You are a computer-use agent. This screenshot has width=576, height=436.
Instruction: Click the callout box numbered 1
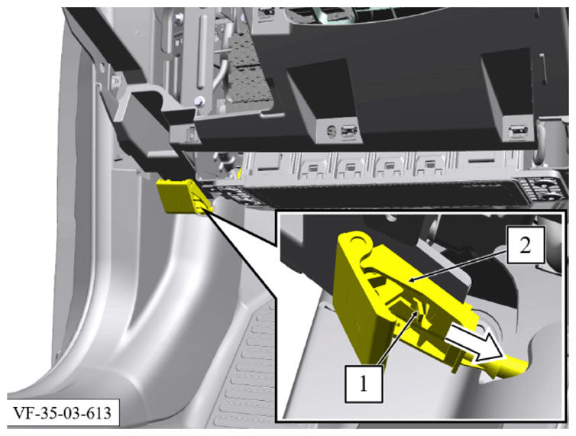[x=364, y=384]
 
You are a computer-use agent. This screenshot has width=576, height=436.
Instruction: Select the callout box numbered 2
[x=526, y=245]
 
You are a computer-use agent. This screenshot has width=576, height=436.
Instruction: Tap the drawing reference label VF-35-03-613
[x=63, y=413]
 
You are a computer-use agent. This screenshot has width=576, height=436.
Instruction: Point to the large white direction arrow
[x=476, y=341]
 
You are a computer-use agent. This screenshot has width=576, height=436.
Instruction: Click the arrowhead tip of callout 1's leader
[x=418, y=311]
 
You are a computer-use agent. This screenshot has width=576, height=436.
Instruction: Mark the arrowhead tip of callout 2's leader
[x=409, y=282]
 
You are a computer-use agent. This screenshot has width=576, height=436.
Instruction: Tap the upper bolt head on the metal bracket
[x=180, y=17]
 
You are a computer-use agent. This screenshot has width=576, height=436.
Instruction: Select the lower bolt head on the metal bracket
[x=199, y=100]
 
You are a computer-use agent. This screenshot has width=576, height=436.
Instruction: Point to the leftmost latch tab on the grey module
[x=312, y=168]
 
